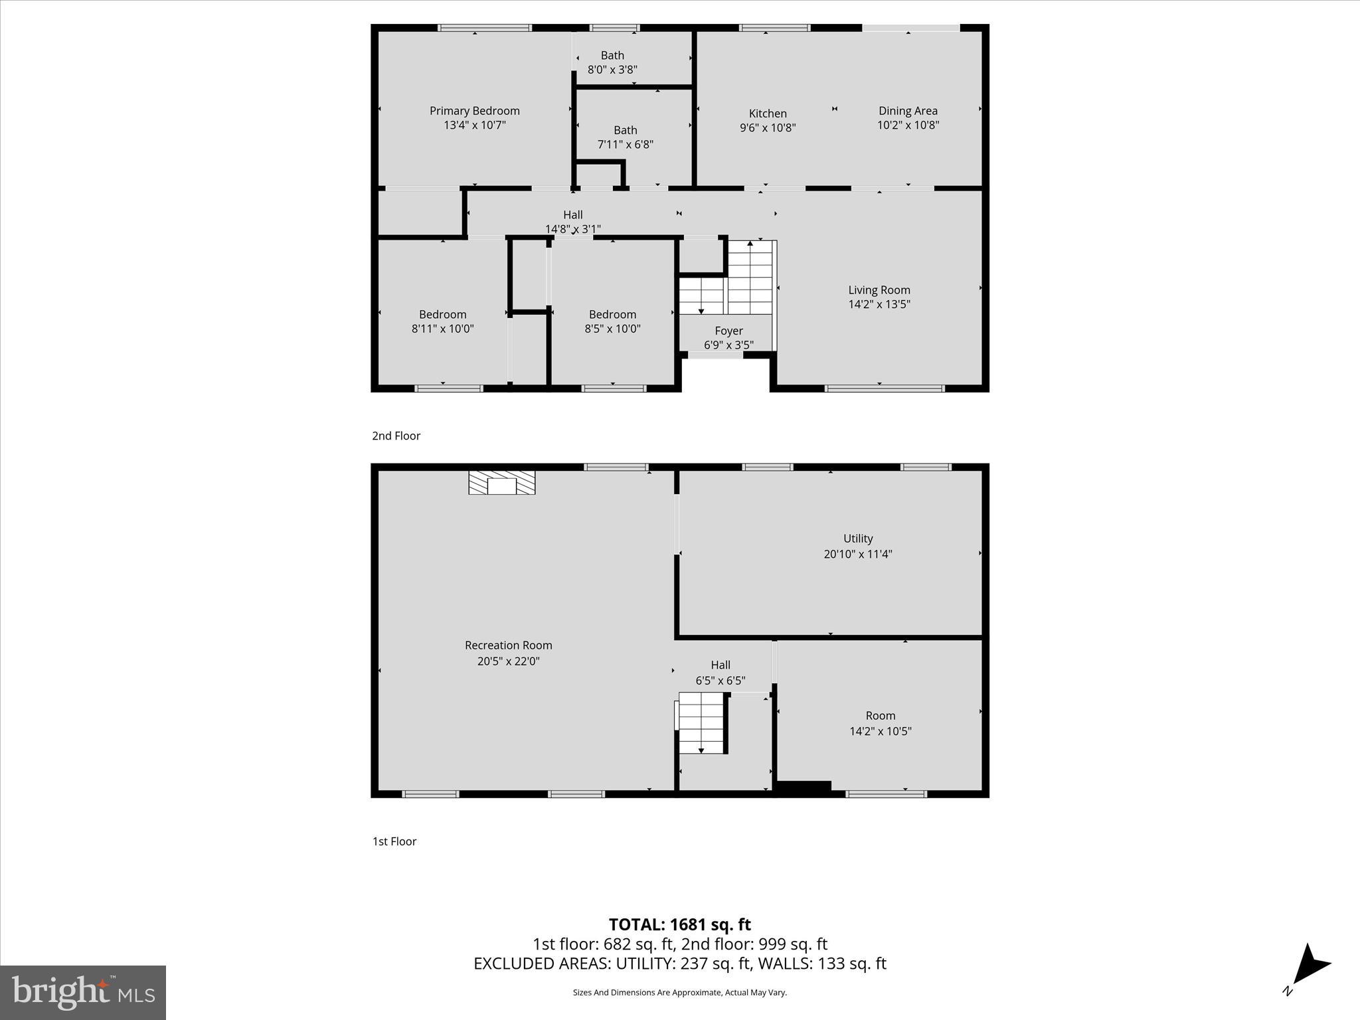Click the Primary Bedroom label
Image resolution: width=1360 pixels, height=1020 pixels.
pyautogui.click(x=474, y=111)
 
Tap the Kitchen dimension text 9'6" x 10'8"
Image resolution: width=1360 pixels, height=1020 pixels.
pyautogui.click(x=768, y=127)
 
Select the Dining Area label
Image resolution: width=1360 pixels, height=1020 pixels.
pyautogui.click(x=908, y=111)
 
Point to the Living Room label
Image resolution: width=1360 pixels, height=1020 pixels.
pyautogui.click(x=879, y=290)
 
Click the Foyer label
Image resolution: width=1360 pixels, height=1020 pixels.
pyautogui.click(x=728, y=331)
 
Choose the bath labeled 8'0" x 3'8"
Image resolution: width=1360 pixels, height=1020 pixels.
pyautogui.click(x=612, y=62)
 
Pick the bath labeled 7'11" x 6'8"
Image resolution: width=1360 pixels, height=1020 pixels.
pyautogui.click(x=625, y=137)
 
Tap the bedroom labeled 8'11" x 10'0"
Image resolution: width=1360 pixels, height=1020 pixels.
pyautogui.click(x=442, y=321)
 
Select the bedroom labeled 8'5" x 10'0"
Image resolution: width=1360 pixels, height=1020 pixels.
pyautogui.click(x=612, y=321)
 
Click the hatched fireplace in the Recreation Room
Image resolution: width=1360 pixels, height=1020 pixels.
pyautogui.click(x=501, y=483)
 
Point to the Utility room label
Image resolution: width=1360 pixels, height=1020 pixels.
pyautogui.click(x=858, y=539)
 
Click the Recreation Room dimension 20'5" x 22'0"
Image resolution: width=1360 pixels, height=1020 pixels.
pyautogui.click(x=508, y=661)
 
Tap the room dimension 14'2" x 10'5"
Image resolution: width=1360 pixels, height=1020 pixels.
pyautogui.click(x=881, y=731)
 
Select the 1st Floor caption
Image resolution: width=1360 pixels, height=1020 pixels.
pyautogui.click(x=394, y=841)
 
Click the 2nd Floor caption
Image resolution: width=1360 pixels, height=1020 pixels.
pyautogui.click(x=396, y=436)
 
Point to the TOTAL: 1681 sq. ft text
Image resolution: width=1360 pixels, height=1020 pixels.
pyautogui.click(x=679, y=924)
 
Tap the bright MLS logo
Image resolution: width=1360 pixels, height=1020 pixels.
pyautogui.click(x=83, y=992)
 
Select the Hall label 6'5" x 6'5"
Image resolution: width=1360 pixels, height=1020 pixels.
pyautogui.click(x=721, y=673)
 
